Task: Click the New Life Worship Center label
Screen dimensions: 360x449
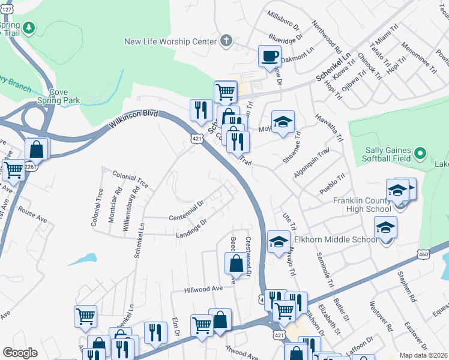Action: (170, 41)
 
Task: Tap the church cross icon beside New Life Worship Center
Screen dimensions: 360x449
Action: (226, 41)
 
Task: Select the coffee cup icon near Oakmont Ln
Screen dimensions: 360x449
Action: (269, 56)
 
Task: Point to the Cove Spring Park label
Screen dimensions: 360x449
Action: (58, 96)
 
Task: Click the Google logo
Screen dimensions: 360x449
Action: (20, 352)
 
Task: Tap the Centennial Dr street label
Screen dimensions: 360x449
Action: (187, 210)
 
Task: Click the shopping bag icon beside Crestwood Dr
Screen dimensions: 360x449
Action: (235, 262)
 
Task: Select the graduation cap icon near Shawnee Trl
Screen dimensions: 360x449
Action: (283, 122)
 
